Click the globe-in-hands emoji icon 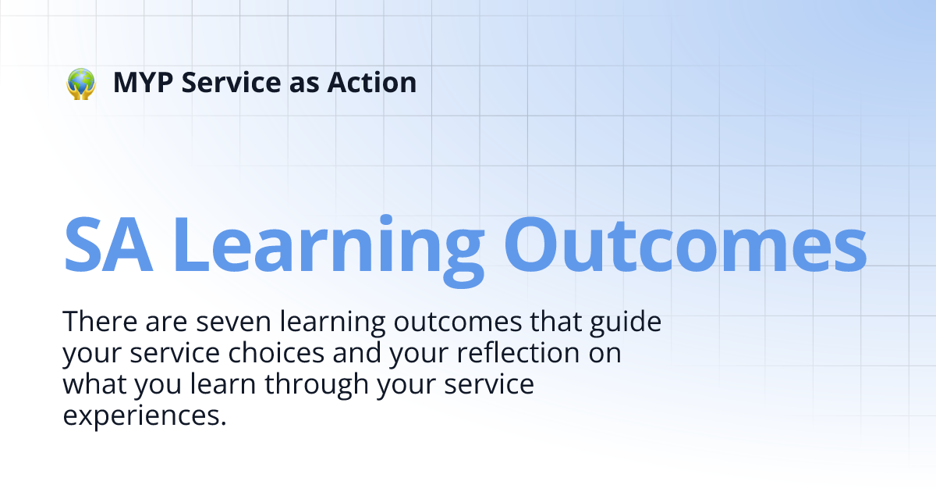(x=80, y=83)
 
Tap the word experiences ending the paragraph (x=144, y=415)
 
